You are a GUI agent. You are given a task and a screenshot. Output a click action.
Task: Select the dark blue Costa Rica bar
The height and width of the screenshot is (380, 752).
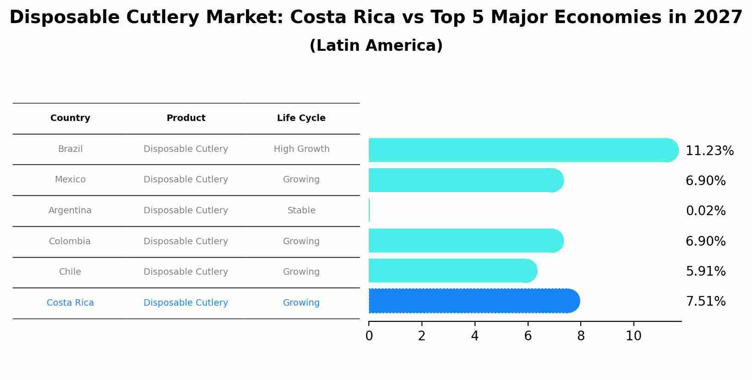click(474, 301)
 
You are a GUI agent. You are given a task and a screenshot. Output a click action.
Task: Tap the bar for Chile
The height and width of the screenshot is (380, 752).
click(452, 271)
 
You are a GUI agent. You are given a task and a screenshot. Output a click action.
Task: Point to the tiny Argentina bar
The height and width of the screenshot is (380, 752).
click(369, 210)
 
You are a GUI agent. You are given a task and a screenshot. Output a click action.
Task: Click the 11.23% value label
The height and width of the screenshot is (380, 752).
click(709, 151)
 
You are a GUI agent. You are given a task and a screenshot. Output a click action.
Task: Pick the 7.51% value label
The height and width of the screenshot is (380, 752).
click(705, 302)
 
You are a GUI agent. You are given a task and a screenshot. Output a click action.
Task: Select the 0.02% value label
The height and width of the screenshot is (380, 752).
click(705, 211)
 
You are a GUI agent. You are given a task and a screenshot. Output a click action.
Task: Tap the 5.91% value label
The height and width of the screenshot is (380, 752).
click(705, 271)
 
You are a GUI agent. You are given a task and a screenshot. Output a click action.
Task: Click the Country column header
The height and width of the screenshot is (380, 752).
click(70, 118)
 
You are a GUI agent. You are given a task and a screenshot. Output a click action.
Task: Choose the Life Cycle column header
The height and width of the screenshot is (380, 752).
click(301, 118)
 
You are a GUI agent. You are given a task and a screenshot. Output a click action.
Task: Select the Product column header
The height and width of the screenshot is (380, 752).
click(186, 118)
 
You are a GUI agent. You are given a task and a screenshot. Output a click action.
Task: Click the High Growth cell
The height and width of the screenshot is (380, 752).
click(301, 149)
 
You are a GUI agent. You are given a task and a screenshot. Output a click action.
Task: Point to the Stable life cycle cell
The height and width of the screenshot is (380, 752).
click(301, 211)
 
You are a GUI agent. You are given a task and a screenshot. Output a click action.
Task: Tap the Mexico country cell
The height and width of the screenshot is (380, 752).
click(70, 180)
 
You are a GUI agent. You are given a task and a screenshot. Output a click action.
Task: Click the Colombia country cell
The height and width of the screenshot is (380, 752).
click(70, 241)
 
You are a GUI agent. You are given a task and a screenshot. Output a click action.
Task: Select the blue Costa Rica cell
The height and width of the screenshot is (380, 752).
click(70, 303)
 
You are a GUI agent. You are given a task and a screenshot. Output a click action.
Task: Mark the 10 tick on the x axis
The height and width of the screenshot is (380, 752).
click(633, 336)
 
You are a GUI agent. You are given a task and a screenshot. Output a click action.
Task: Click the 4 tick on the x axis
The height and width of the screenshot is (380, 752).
click(475, 336)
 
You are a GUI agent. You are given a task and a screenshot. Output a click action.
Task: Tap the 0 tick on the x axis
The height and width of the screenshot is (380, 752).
click(369, 336)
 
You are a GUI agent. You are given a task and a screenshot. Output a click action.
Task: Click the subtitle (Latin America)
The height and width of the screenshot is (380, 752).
click(376, 46)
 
